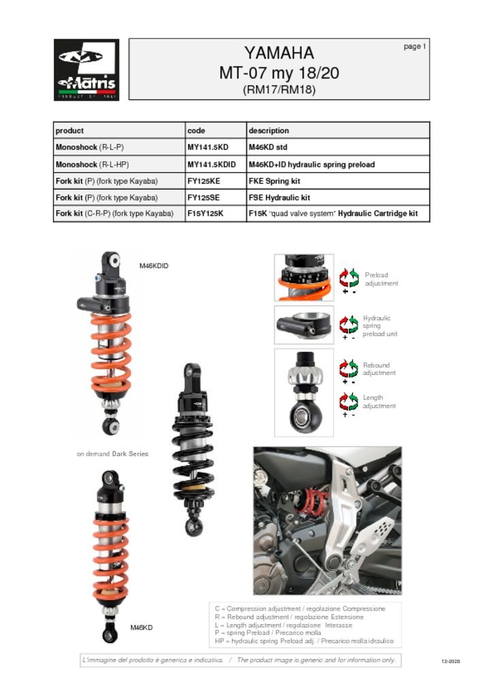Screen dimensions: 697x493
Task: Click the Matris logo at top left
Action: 86,69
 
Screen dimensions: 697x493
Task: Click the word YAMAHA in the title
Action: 279,53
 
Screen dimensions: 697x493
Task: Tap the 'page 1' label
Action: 414,46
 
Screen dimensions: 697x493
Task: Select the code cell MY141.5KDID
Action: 211,165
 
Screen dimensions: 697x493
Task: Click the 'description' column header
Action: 268,131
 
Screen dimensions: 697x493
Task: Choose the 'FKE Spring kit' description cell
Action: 274,181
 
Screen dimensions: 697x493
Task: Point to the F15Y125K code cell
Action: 205,214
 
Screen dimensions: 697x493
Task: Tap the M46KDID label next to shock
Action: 154,266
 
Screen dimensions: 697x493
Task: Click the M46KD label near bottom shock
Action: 142,627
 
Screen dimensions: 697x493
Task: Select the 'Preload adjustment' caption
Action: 381,279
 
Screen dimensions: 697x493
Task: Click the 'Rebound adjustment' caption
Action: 379,369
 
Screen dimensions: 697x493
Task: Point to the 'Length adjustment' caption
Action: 379,402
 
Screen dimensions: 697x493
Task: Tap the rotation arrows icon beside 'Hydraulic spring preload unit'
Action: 349,324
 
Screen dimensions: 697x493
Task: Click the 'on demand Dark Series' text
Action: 112,453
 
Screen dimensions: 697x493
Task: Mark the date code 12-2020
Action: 451,661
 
